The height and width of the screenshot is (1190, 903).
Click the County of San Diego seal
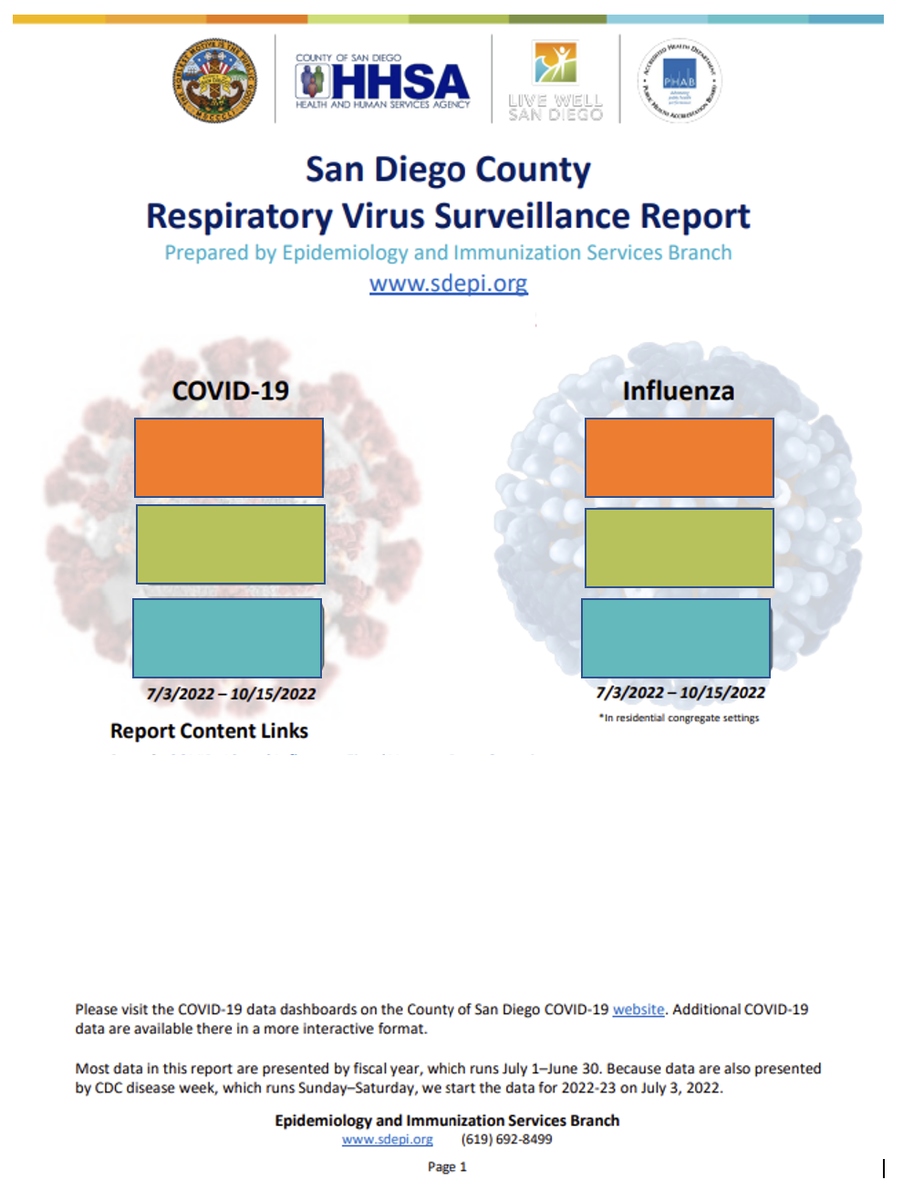coord(214,80)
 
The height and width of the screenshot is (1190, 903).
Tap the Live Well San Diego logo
coord(555,81)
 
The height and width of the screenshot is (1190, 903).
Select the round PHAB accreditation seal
coord(680,80)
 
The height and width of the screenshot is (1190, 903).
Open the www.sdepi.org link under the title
coord(448,284)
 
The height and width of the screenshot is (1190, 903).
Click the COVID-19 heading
coord(230,391)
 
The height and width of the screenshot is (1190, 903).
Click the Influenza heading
coord(678,391)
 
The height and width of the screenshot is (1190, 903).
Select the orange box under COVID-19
coord(229,458)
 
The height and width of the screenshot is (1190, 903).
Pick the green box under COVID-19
coord(230,544)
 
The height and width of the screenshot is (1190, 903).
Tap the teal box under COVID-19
coord(227,638)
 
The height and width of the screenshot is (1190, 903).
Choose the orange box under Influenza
coord(679,458)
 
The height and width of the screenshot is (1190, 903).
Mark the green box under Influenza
coord(679,548)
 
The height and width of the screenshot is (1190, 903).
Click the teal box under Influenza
coord(676,638)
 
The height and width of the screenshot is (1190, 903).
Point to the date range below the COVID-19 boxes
coord(231,694)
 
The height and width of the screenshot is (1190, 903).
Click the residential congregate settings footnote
coord(679,719)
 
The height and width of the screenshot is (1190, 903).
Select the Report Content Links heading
coord(209,731)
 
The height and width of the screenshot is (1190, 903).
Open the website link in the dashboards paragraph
coord(638,1009)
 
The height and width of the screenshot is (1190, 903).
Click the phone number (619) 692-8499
coord(506,1140)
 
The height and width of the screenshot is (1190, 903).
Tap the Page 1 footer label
coord(447,1167)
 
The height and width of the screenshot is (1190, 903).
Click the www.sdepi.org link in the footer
coord(388,1140)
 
